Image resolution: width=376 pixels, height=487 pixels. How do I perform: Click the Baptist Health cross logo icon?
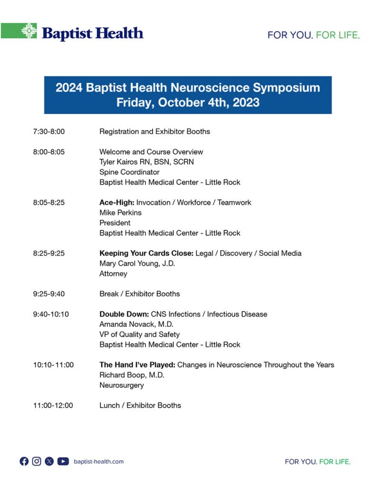[x=29, y=31]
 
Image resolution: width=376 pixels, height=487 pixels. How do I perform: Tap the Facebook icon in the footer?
[x=24, y=461]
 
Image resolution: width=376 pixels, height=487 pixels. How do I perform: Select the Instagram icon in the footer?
[x=37, y=461]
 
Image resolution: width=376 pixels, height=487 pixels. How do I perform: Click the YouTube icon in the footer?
[x=63, y=461]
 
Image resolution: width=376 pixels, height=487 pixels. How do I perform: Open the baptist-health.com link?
[x=99, y=461]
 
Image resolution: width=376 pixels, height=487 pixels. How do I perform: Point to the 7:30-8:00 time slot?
[x=49, y=131]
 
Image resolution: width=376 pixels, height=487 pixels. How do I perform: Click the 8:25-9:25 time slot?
[x=49, y=253]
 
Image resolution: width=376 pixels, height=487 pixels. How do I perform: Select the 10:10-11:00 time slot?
[x=53, y=365]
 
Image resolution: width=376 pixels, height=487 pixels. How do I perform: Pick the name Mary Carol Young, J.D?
[x=137, y=263]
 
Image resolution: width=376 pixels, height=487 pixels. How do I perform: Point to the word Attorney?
[x=113, y=273]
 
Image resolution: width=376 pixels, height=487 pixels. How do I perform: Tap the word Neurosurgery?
[x=121, y=385]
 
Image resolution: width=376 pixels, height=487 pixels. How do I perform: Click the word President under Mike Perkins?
[x=115, y=223]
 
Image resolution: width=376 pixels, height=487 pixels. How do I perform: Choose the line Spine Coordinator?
[x=129, y=172]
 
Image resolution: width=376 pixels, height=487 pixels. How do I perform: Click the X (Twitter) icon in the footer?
[x=49, y=461]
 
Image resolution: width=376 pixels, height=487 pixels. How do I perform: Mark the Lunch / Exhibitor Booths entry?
[x=140, y=406]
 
